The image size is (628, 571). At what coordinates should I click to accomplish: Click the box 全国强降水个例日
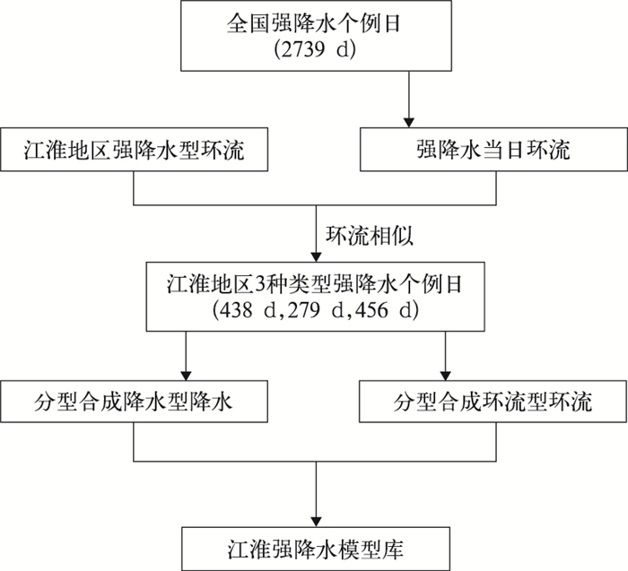[315, 36]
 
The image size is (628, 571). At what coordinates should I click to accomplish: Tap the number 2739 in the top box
[299, 49]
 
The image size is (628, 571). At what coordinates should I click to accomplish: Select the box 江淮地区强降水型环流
[135, 149]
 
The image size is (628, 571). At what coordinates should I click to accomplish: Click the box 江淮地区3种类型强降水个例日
[315, 298]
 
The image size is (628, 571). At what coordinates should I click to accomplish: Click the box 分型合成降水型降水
[135, 401]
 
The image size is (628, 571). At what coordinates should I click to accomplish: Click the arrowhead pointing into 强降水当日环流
[407, 121]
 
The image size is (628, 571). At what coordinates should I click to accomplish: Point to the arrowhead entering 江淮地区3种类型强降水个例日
[315, 255]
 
